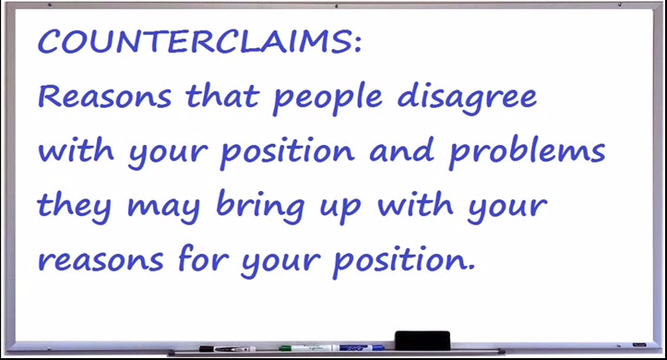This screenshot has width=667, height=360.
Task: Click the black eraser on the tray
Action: [423, 340]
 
